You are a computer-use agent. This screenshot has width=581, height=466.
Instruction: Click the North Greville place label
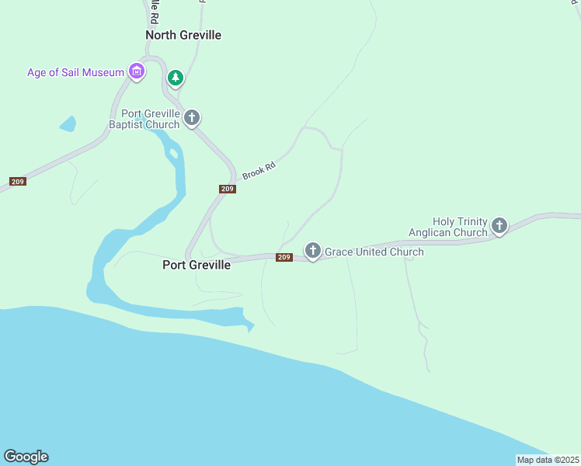183,35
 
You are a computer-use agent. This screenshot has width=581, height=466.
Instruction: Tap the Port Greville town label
196,265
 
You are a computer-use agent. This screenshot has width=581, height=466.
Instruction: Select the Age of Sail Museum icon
137,72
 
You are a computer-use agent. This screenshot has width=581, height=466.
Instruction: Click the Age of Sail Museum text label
75,72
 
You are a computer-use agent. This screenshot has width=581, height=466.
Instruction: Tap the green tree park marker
176,77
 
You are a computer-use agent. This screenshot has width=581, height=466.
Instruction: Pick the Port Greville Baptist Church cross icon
192,118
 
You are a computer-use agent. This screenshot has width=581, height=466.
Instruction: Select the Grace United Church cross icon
312,250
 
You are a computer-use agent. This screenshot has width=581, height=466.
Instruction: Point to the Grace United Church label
374,252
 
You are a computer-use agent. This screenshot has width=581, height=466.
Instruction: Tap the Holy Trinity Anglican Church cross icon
499,226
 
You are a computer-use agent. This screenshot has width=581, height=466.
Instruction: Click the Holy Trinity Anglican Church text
448,227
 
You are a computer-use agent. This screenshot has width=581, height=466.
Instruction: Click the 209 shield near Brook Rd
227,189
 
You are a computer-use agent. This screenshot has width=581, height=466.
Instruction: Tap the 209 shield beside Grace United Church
284,257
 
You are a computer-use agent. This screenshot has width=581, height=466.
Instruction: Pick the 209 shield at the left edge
17,182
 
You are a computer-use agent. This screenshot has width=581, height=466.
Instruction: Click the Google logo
26,457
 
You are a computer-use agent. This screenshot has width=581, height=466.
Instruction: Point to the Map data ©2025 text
548,460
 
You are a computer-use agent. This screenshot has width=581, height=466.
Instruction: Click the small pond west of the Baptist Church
68,123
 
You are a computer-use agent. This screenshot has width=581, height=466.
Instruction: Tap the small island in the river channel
174,153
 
